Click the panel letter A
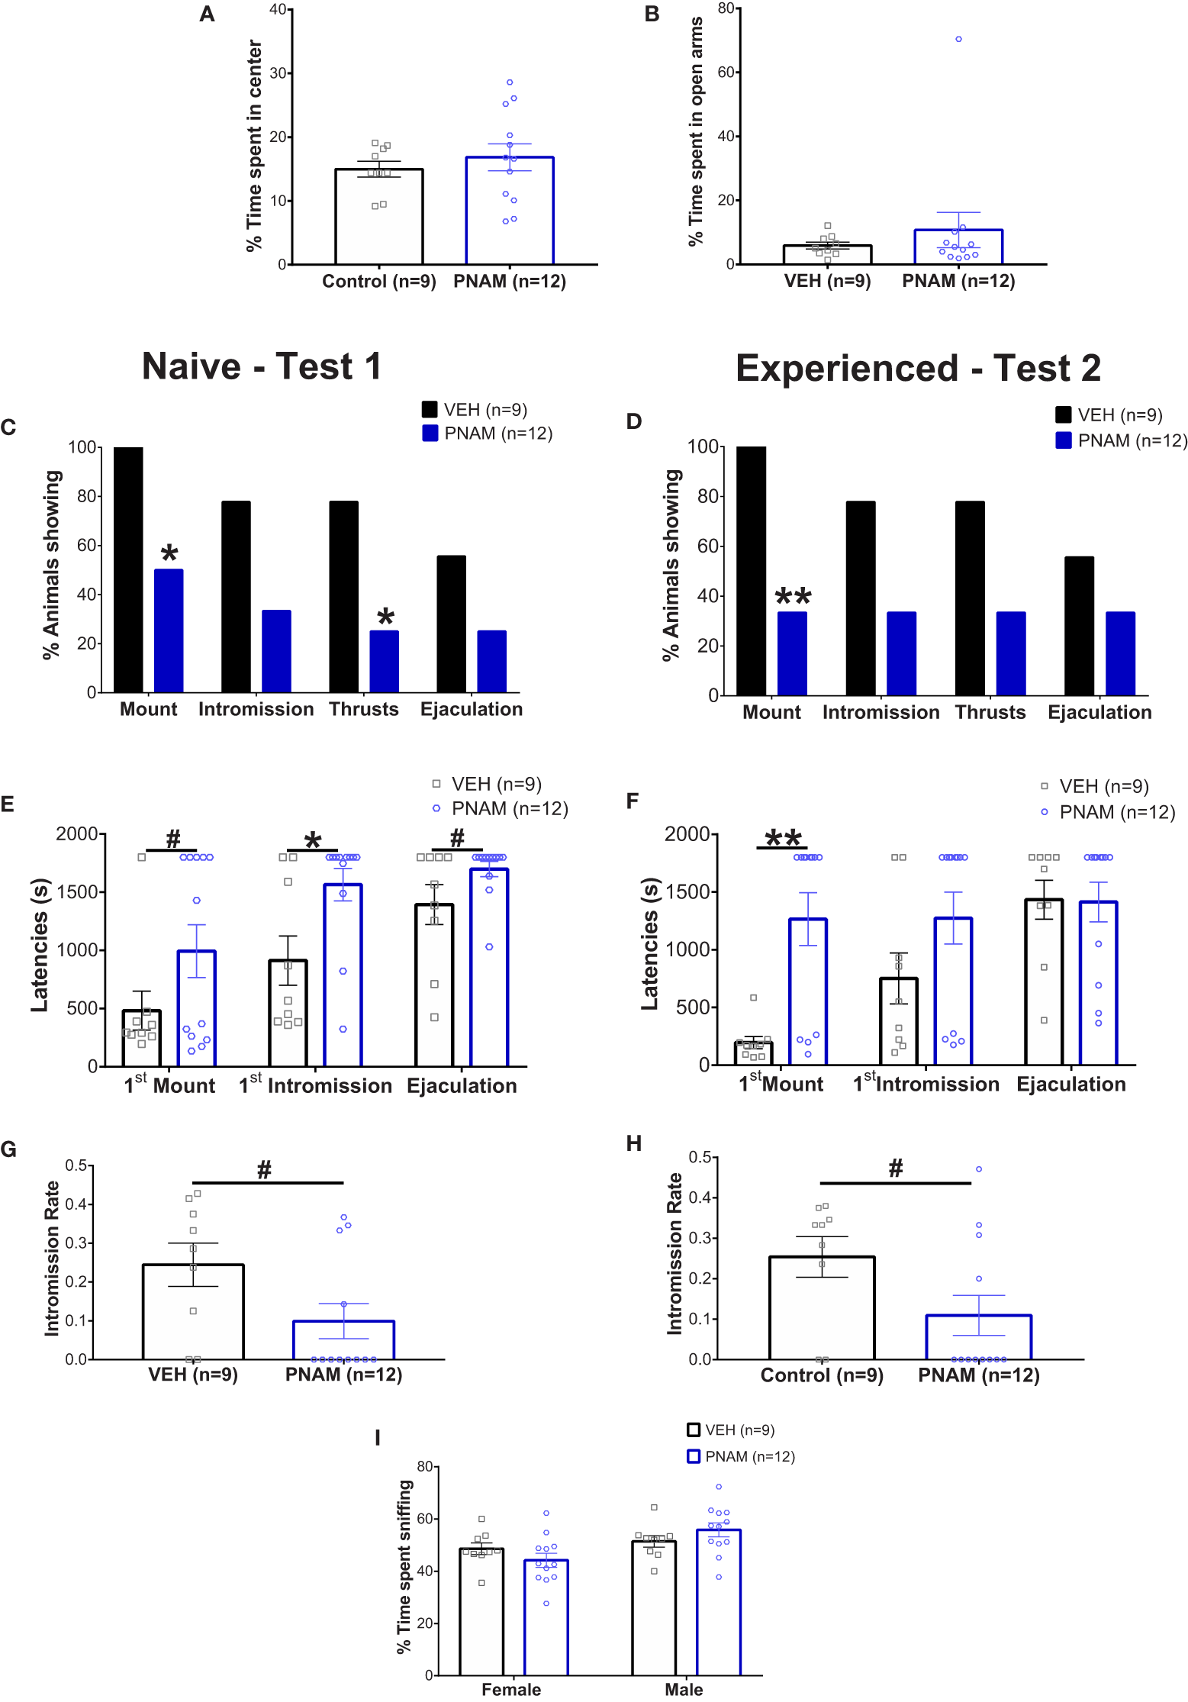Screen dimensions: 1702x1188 pos(207,15)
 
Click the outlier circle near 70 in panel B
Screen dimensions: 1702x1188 pos(958,39)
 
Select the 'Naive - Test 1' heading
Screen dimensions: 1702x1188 pos(261,366)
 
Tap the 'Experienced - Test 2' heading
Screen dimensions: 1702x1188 pos(918,369)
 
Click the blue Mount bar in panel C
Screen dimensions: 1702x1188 pos(169,630)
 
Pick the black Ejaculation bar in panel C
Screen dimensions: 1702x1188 pos(451,624)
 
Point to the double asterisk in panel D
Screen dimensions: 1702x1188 pos(793,597)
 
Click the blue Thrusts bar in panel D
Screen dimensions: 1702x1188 pos(1010,653)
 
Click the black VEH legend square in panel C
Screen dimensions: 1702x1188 pos(430,410)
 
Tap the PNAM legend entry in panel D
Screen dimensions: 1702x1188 pos(1122,440)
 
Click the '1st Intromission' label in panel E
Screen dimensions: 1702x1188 pos(315,1085)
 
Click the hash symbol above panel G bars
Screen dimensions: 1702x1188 pos(264,1170)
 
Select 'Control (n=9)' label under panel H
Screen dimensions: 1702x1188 pos(822,1375)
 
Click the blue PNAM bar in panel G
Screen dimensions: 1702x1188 pos(343,1340)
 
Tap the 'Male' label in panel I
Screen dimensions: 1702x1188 pos(684,1689)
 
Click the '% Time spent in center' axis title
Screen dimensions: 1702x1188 pos(254,145)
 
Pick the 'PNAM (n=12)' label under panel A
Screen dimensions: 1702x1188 pos(509,282)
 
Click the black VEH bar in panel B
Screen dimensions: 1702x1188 pos(827,255)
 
